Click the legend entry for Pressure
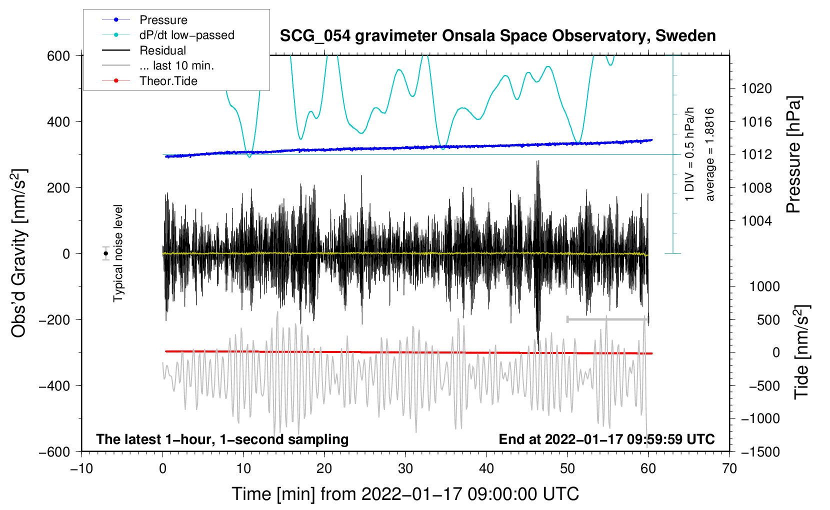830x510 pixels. (x=144, y=19)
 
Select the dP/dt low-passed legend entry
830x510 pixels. (x=168, y=35)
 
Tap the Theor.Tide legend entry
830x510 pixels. (x=149, y=81)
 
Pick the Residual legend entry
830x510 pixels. (x=144, y=50)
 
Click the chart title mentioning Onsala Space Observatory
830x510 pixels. (x=497, y=36)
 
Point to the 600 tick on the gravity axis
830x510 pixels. (x=58, y=56)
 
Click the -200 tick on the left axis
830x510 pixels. (x=54, y=319)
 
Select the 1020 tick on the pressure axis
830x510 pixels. (x=756, y=88)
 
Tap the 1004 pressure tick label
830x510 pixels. (x=756, y=221)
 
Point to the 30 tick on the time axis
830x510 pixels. (x=405, y=469)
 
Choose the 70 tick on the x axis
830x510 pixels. (x=729, y=469)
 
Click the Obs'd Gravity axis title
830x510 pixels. (x=18, y=253)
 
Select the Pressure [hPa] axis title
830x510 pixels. (x=793, y=154)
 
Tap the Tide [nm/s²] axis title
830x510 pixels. (x=802, y=352)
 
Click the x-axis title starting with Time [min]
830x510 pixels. (x=405, y=494)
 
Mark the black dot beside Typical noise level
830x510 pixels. (x=106, y=253)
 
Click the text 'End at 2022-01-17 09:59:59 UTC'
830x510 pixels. (x=606, y=439)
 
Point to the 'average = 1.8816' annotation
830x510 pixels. (x=709, y=154)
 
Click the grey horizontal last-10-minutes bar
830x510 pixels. (x=607, y=319)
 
